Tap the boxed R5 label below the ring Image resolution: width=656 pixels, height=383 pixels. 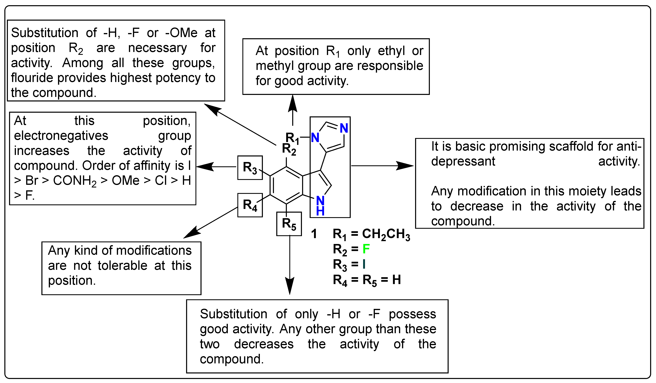(x=289, y=224)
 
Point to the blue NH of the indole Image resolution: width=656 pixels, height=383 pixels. (x=320, y=206)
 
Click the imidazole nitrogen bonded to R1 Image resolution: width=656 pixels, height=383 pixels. (x=315, y=137)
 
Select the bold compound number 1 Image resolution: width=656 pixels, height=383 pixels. (x=314, y=234)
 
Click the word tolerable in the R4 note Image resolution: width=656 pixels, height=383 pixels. (x=122, y=266)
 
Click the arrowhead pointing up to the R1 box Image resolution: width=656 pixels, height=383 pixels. (x=293, y=103)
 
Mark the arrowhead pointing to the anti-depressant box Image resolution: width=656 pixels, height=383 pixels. (x=406, y=166)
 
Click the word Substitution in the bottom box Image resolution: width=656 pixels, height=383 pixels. (x=233, y=314)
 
